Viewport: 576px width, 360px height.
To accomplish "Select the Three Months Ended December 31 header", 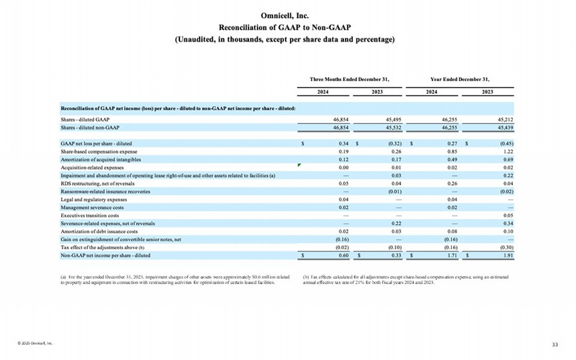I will [x=349, y=80].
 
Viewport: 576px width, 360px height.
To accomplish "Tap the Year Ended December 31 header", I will [x=460, y=80].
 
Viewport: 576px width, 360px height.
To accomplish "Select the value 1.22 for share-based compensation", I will [x=507, y=151].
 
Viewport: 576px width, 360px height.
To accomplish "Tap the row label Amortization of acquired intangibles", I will [x=101, y=159].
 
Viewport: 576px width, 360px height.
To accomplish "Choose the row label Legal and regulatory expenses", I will [x=94, y=199].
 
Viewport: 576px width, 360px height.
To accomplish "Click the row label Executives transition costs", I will [x=90, y=216].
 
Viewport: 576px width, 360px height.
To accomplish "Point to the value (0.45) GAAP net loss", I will [x=505, y=143].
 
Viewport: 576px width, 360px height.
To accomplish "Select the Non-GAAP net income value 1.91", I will [x=507, y=255].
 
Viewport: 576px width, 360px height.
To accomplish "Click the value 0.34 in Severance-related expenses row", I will [x=507, y=223].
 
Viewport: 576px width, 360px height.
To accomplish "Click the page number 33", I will [x=555, y=344].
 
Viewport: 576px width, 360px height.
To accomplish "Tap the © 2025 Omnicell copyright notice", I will [x=35, y=343].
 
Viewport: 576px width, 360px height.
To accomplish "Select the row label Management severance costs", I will [x=92, y=207].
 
